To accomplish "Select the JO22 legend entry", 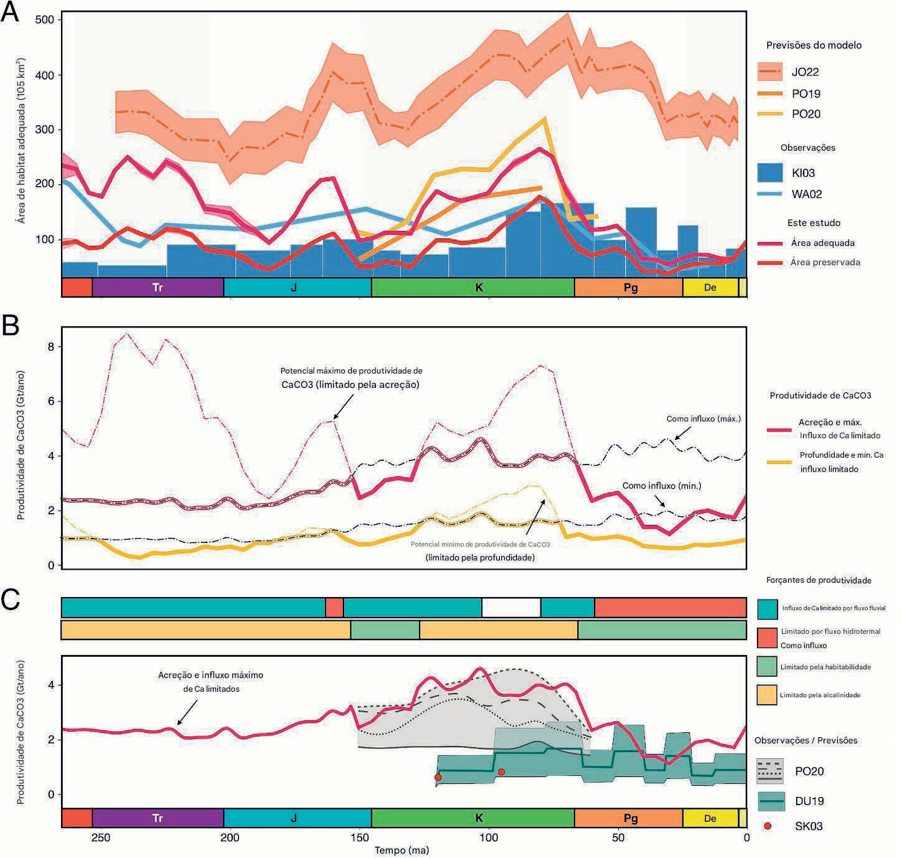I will [805, 72].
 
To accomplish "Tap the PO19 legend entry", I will [806, 94].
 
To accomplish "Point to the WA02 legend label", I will [807, 194].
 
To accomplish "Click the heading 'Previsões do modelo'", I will [814, 45].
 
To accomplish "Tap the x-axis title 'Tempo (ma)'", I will [402, 850].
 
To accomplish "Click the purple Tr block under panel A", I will [157, 287].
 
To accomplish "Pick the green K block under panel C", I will [479, 818].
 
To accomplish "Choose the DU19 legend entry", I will [809, 801].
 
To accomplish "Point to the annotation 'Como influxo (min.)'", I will [662, 486].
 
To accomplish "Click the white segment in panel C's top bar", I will [511, 607].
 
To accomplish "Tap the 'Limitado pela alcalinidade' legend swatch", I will [767, 695].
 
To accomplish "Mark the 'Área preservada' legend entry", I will [825, 263].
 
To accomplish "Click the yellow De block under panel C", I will [710, 818].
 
